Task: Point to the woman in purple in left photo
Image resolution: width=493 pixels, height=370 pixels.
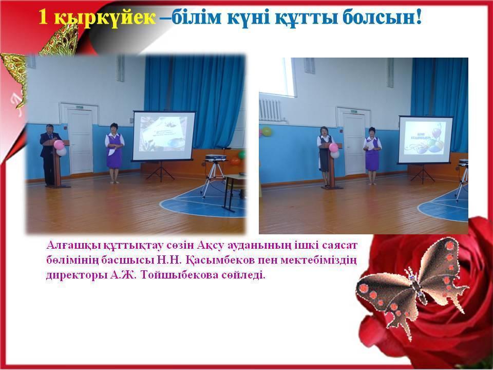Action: click(113, 152)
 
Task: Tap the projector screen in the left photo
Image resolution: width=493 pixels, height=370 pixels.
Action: click(164, 136)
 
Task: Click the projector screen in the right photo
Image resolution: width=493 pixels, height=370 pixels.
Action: click(426, 140)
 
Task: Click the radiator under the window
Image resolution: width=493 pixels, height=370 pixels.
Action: click(270, 109)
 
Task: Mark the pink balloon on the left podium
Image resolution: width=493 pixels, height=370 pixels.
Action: click(59, 145)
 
